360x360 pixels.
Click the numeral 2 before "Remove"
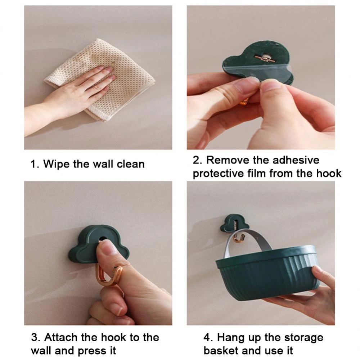point(196,160)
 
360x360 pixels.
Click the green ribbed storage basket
point(267,273)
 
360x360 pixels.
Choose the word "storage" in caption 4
point(303,338)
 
